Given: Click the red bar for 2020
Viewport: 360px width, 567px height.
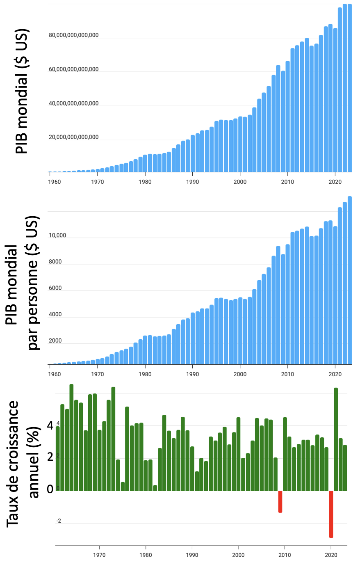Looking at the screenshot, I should tap(331, 514).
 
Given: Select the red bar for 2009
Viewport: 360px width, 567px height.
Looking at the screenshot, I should tap(280, 501).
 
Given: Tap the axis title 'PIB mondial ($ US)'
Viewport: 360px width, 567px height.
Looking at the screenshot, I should tap(22, 91).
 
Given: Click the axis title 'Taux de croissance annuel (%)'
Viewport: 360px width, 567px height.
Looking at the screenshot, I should tap(23, 464).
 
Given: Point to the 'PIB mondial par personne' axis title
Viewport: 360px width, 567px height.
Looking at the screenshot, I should tap(23, 283).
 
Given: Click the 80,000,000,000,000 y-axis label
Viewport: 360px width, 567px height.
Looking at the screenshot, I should tap(74, 35).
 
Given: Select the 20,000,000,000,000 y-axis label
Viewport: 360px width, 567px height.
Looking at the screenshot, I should tap(74, 137).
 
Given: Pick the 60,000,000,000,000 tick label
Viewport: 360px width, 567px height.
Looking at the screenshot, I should tap(74, 69).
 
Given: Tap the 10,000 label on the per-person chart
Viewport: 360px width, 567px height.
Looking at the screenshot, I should tap(57, 235).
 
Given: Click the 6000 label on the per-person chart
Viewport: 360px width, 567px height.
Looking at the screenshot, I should tap(55, 288).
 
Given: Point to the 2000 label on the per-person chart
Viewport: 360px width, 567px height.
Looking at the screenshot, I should tap(55, 341).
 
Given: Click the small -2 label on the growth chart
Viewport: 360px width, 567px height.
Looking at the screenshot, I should tap(59, 521).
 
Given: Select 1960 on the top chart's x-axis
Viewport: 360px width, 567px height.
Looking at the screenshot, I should tap(55, 182).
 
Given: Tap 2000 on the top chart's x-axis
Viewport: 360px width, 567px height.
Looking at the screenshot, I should tap(240, 182).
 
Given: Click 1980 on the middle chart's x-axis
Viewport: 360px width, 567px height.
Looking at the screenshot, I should tap(145, 374).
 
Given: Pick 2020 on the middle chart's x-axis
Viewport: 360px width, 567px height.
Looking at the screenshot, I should tap(335, 374).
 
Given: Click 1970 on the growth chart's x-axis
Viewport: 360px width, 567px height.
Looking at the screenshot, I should tap(99, 555).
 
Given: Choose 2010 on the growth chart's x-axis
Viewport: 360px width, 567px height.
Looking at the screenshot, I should tap(285, 555).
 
